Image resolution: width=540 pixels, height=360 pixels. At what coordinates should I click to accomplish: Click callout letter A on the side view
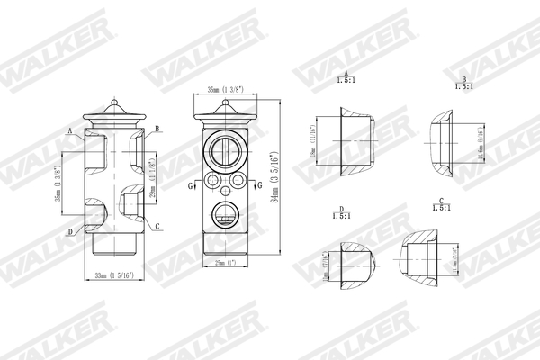(69, 130)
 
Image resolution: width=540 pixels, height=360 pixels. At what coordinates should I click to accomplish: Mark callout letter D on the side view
(69, 232)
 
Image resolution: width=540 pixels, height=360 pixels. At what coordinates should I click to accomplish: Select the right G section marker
(259, 185)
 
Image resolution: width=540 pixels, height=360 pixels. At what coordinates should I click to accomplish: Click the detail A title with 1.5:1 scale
(346, 76)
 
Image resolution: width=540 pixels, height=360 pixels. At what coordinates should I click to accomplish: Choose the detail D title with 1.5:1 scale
(341, 212)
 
